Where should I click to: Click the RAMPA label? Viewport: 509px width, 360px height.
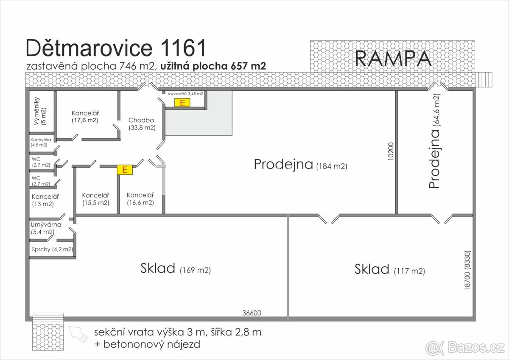[x=393, y=59]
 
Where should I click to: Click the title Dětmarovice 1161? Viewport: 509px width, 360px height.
[x=116, y=48]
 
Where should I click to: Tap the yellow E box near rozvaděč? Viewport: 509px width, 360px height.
[x=182, y=102]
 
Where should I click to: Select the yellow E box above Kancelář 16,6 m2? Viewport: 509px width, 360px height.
[x=125, y=170]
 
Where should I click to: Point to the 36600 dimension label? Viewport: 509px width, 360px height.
[x=252, y=313]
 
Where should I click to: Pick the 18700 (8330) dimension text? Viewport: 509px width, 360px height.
[x=467, y=270]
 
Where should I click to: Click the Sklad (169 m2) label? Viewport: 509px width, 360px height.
[x=175, y=269]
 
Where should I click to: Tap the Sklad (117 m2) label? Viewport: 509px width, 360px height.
[x=389, y=270]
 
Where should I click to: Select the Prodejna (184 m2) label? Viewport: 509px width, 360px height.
[x=300, y=165]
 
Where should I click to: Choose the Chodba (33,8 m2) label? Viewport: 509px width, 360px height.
[x=142, y=124]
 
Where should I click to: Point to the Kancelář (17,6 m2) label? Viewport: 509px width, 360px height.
[x=85, y=117]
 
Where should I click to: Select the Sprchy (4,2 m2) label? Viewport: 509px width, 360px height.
[x=52, y=249]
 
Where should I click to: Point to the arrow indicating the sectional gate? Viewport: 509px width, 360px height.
[x=78, y=333]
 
